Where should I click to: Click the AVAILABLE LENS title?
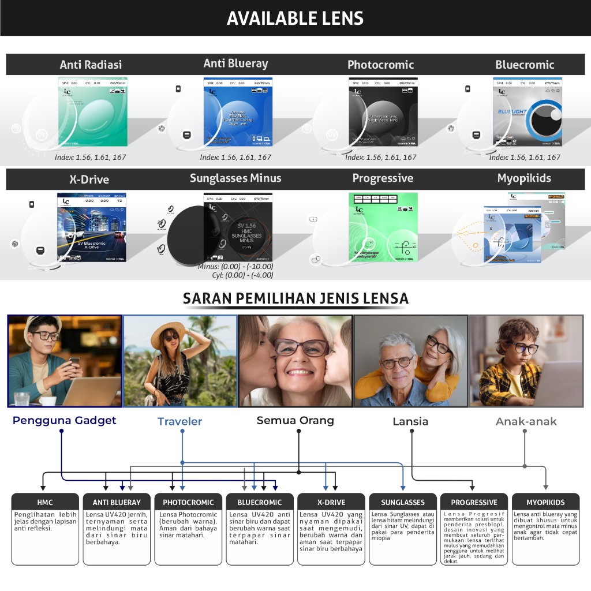pyautogui.click(x=295, y=18)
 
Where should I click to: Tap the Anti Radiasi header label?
pyautogui.click(x=91, y=65)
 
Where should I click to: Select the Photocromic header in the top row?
pyautogui.click(x=380, y=65)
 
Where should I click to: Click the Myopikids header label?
pyautogui.click(x=524, y=178)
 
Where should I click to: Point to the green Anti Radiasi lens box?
pyautogui.click(x=92, y=111)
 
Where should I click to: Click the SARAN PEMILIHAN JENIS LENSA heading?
pyautogui.click(x=295, y=298)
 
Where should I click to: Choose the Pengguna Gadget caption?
pyautogui.click(x=64, y=420)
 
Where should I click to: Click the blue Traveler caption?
pyautogui.click(x=179, y=421)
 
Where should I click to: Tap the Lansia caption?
pyautogui.click(x=410, y=421)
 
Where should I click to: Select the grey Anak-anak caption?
pyautogui.click(x=526, y=421)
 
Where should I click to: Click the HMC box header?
pyautogui.click(x=45, y=502)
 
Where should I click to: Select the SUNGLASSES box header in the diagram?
pyautogui.click(x=403, y=502)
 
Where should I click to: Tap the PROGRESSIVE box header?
pyautogui.click(x=474, y=502)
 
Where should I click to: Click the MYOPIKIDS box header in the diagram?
pyautogui.click(x=545, y=502)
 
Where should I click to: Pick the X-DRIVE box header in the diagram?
pyautogui.click(x=331, y=502)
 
